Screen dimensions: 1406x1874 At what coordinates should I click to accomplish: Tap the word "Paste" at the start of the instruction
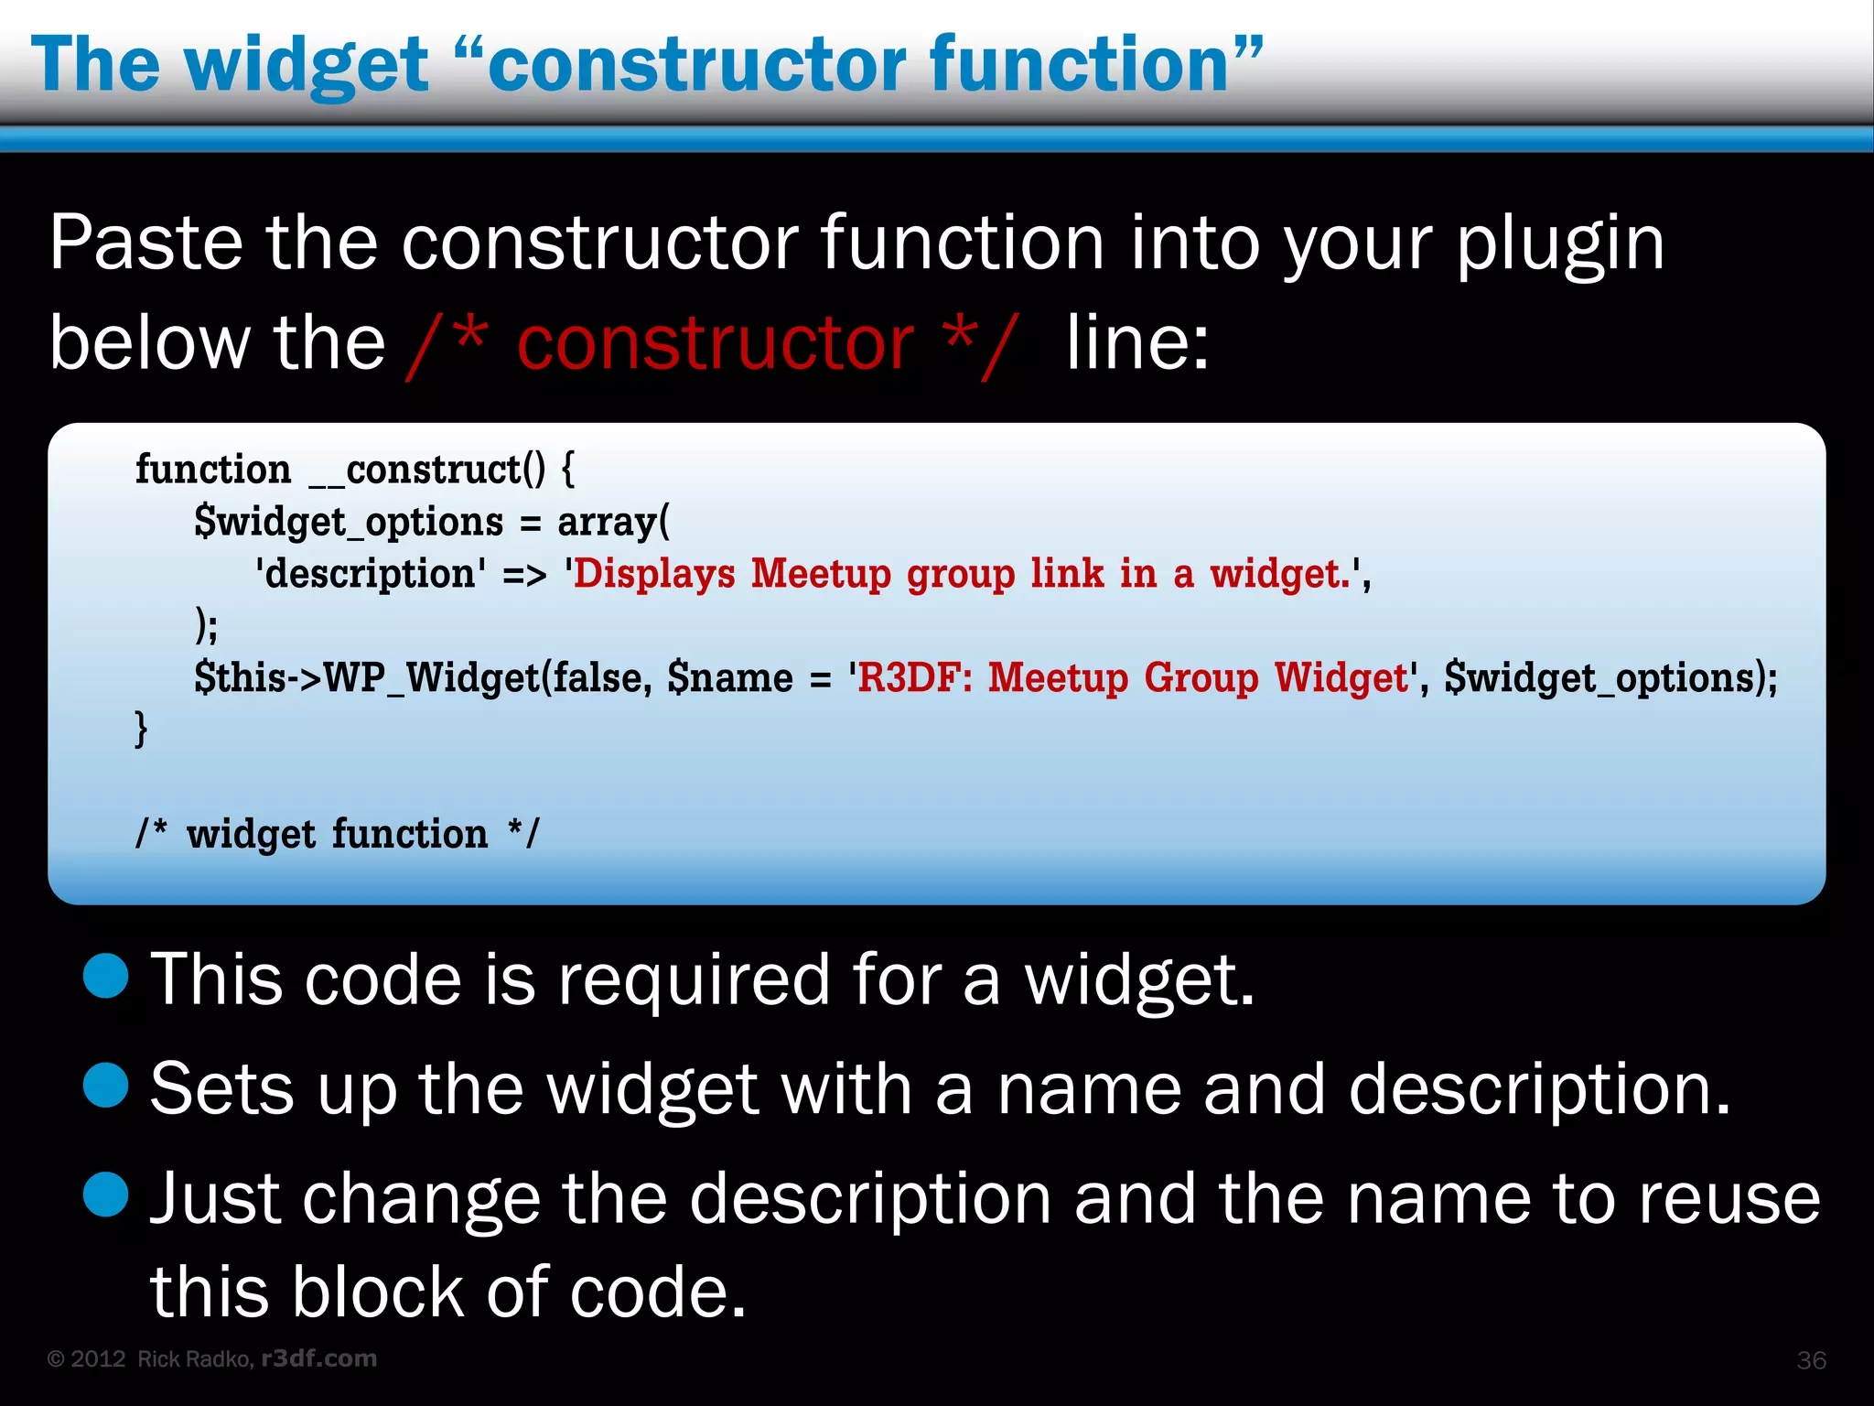coord(146,243)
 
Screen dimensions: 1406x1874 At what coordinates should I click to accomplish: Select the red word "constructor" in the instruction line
coord(715,343)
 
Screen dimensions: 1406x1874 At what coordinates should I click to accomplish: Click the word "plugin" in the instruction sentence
coord(1559,245)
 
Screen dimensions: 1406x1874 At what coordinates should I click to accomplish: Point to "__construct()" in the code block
coord(427,470)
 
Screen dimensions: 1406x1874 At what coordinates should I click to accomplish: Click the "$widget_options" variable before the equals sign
coord(349,523)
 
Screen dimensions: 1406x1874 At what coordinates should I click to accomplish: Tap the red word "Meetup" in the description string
coord(821,575)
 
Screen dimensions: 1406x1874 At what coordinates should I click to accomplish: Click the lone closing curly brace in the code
coord(141,730)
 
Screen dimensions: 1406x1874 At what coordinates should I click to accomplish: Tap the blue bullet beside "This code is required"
coord(106,976)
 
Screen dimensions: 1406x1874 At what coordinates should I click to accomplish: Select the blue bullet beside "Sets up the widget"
coord(106,1086)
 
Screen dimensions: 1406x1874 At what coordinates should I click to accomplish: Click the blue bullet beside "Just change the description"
coord(106,1195)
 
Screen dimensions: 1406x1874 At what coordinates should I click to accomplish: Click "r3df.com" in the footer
coord(319,1358)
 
